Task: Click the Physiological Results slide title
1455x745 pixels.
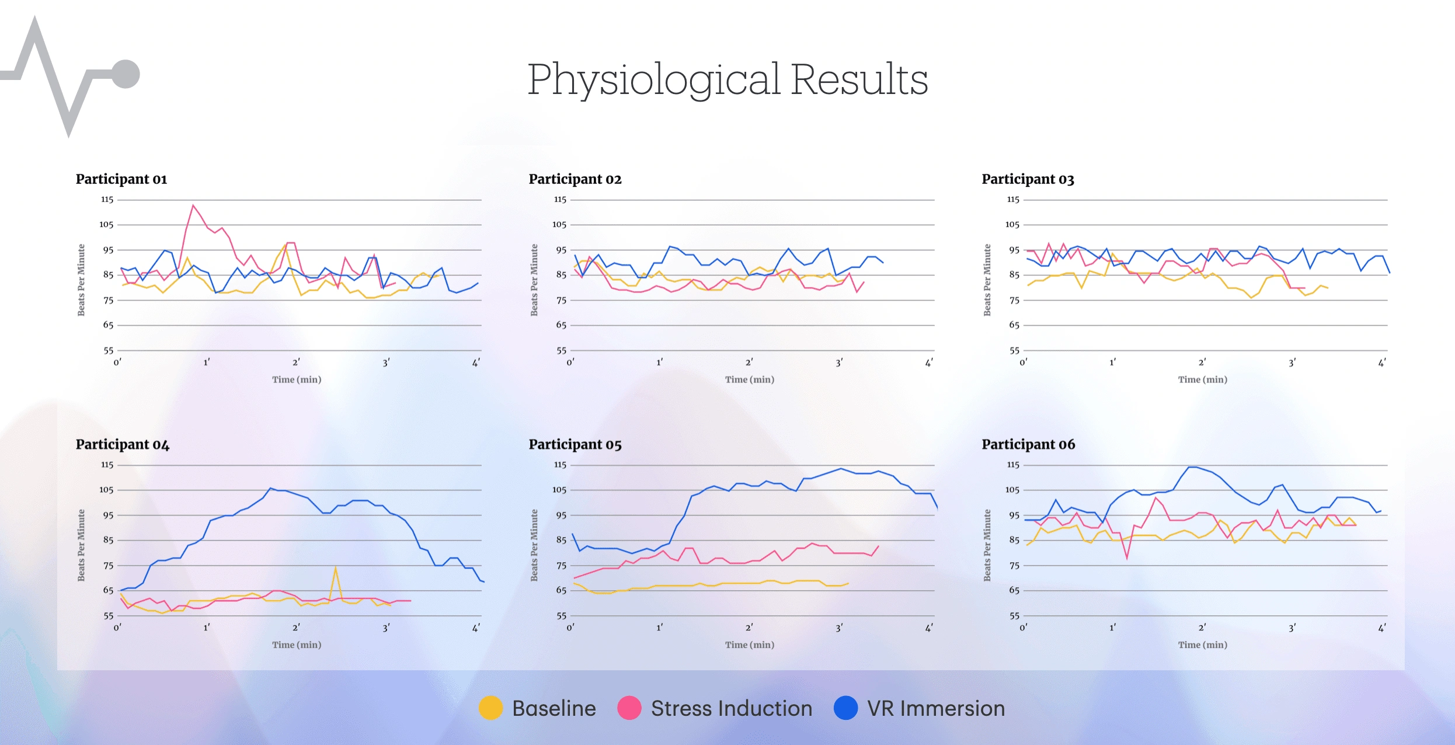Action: (727, 79)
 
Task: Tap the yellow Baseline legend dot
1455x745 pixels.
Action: (490, 708)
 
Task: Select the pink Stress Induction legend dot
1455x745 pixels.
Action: (629, 708)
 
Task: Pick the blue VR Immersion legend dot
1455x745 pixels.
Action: (845, 708)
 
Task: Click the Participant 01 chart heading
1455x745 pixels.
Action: (121, 179)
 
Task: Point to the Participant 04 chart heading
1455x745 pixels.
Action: (123, 444)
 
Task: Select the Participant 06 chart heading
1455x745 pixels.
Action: (1028, 444)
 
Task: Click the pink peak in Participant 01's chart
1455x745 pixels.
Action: (193, 206)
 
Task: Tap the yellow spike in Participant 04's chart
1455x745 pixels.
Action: (335, 567)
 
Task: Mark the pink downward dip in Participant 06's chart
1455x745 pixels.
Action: (1127, 558)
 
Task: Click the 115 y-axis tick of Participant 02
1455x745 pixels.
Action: (560, 200)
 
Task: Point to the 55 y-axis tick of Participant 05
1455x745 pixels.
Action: (561, 615)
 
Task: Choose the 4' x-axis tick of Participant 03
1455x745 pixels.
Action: (1382, 363)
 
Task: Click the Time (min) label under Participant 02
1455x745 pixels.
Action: (750, 380)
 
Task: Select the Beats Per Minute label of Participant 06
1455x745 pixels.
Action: (987, 545)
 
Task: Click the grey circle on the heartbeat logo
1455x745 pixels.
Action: (126, 74)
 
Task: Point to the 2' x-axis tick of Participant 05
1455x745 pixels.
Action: (749, 628)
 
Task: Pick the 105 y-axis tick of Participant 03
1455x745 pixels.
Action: (1012, 225)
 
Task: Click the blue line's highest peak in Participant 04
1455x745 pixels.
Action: (270, 489)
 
